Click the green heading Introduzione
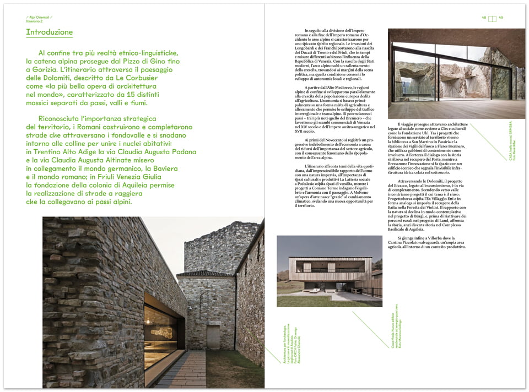point(49,32)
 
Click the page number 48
point(484,18)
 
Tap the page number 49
point(501,18)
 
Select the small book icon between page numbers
point(493,18)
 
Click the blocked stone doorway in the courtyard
point(212,336)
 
